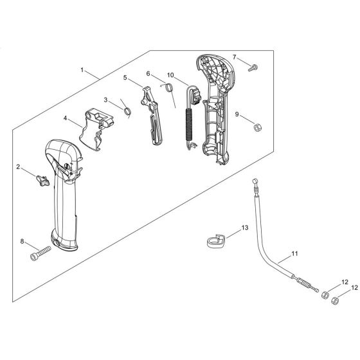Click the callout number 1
pyautogui.click(x=82, y=70)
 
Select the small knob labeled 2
pyautogui.click(x=42, y=181)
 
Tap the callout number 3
pyautogui.click(x=105, y=100)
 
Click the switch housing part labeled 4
pyautogui.click(x=96, y=129)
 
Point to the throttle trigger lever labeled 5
pyautogui.click(x=151, y=115)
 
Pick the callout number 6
pyautogui.click(x=148, y=73)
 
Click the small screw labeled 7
pyautogui.click(x=253, y=68)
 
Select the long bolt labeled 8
pyautogui.click(x=40, y=253)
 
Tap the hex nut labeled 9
pyautogui.click(x=258, y=127)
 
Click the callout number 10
pyautogui.click(x=170, y=75)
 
